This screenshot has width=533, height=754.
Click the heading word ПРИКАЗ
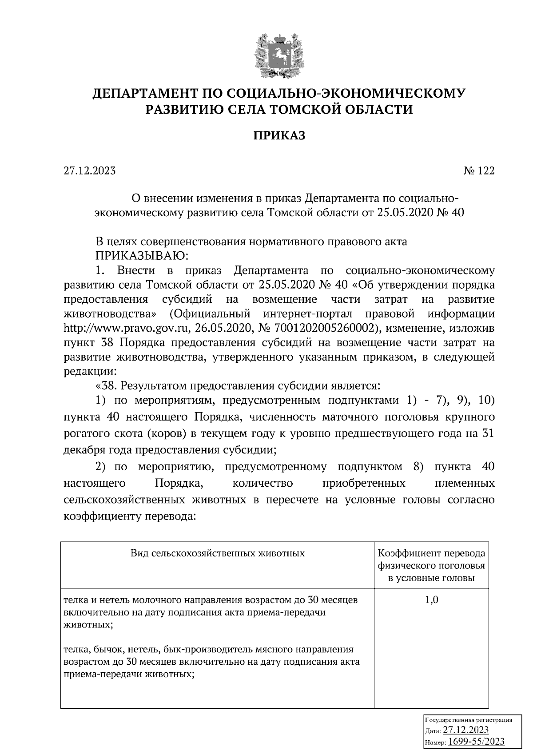coord(279,135)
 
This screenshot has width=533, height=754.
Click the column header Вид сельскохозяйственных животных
coord(218,553)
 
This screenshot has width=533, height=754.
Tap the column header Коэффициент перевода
coord(431,554)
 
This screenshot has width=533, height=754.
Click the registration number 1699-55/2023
coord(476,742)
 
